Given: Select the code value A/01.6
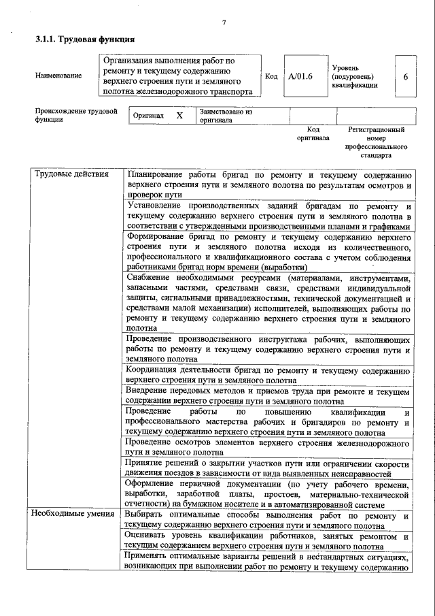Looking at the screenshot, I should (x=300, y=76).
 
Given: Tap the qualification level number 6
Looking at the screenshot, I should (x=405, y=76).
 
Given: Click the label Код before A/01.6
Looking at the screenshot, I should (x=271, y=76).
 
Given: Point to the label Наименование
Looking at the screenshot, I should (x=58, y=76).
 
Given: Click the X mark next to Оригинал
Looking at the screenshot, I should (x=179, y=116).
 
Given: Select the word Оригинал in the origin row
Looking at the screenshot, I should (x=148, y=116).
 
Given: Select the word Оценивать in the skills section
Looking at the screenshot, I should (x=149, y=536).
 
